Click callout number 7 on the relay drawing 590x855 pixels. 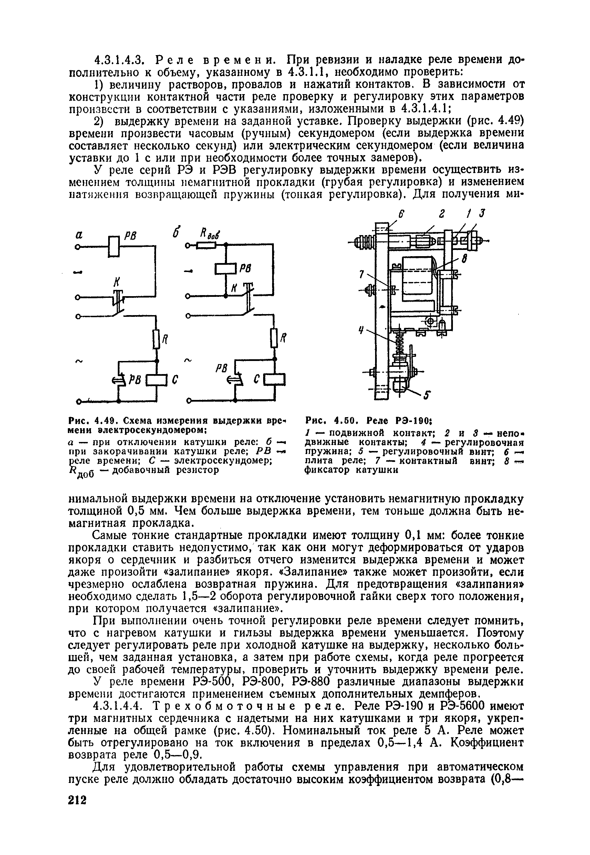(x=363, y=274)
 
